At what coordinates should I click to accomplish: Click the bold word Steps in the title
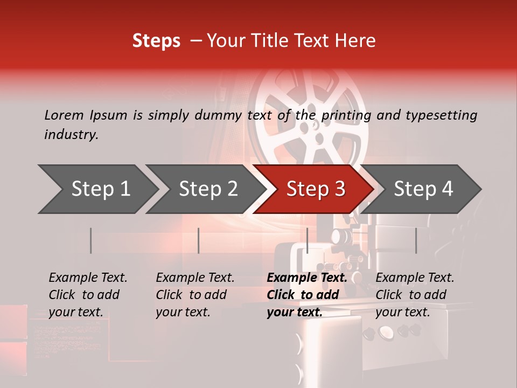[156, 41]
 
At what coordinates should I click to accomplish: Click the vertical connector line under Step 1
[91, 240]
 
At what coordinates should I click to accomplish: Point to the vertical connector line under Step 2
[199, 240]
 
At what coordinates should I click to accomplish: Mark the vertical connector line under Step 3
[307, 240]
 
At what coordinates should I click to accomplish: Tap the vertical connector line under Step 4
[416, 240]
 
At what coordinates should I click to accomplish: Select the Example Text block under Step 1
[88, 295]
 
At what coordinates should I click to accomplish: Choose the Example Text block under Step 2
[195, 295]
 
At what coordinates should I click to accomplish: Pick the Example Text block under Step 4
[415, 295]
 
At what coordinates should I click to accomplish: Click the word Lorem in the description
[64, 115]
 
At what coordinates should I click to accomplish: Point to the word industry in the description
[71, 135]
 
